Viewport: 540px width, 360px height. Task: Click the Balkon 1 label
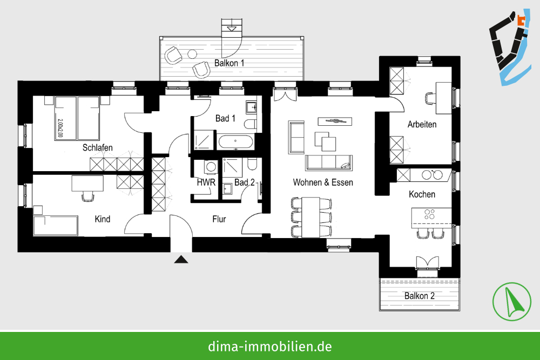[x=230, y=63]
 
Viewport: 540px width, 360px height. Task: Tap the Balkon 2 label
[x=420, y=296]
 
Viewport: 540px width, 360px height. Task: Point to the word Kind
[x=103, y=219]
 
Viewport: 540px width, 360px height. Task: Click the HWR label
[x=206, y=182]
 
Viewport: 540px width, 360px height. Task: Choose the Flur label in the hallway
[x=219, y=219]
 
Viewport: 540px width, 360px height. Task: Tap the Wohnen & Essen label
[x=323, y=182]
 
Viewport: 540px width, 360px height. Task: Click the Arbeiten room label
[x=422, y=125]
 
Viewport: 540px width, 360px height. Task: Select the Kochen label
[x=422, y=194]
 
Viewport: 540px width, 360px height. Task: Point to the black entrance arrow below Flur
[x=181, y=260]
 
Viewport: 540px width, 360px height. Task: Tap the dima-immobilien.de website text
[x=270, y=346]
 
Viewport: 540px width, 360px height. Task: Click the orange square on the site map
[x=521, y=21]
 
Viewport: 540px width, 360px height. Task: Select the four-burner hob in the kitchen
[x=430, y=214]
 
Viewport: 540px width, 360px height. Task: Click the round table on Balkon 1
[x=192, y=54]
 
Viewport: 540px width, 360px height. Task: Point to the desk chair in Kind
[x=87, y=195]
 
